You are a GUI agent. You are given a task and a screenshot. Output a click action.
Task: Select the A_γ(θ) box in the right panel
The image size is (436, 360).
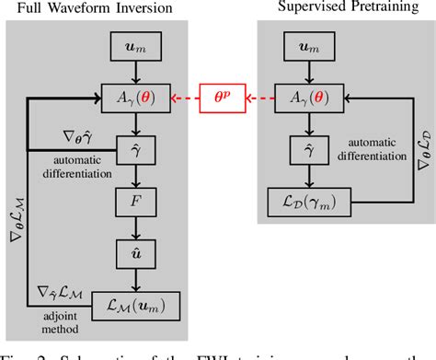pyautogui.click(x=328, y=95)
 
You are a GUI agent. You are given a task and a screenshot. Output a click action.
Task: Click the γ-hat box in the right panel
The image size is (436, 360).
pyautogui.click(x=328, y=146)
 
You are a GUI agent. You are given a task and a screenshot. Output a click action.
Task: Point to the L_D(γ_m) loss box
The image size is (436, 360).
pyautogui.click(x=328, y=199)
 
